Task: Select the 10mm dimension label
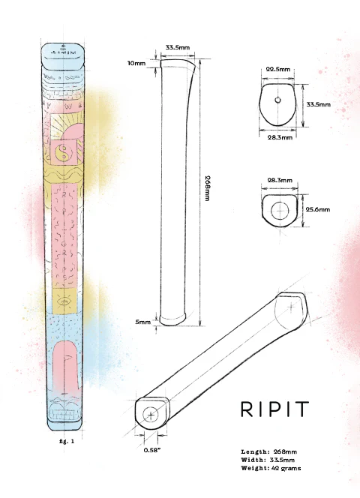click(x=136, y=64)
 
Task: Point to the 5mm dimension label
click(x=142, y=322)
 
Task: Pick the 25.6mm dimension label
click(x=318, y=211)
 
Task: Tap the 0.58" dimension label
click(x=152, y=450)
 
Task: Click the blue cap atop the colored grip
click(x=65, y=56)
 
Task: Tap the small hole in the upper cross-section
click(x=277, y=99)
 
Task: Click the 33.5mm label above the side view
click(x=178, y=47)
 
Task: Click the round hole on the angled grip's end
click(x=151, y=414)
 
